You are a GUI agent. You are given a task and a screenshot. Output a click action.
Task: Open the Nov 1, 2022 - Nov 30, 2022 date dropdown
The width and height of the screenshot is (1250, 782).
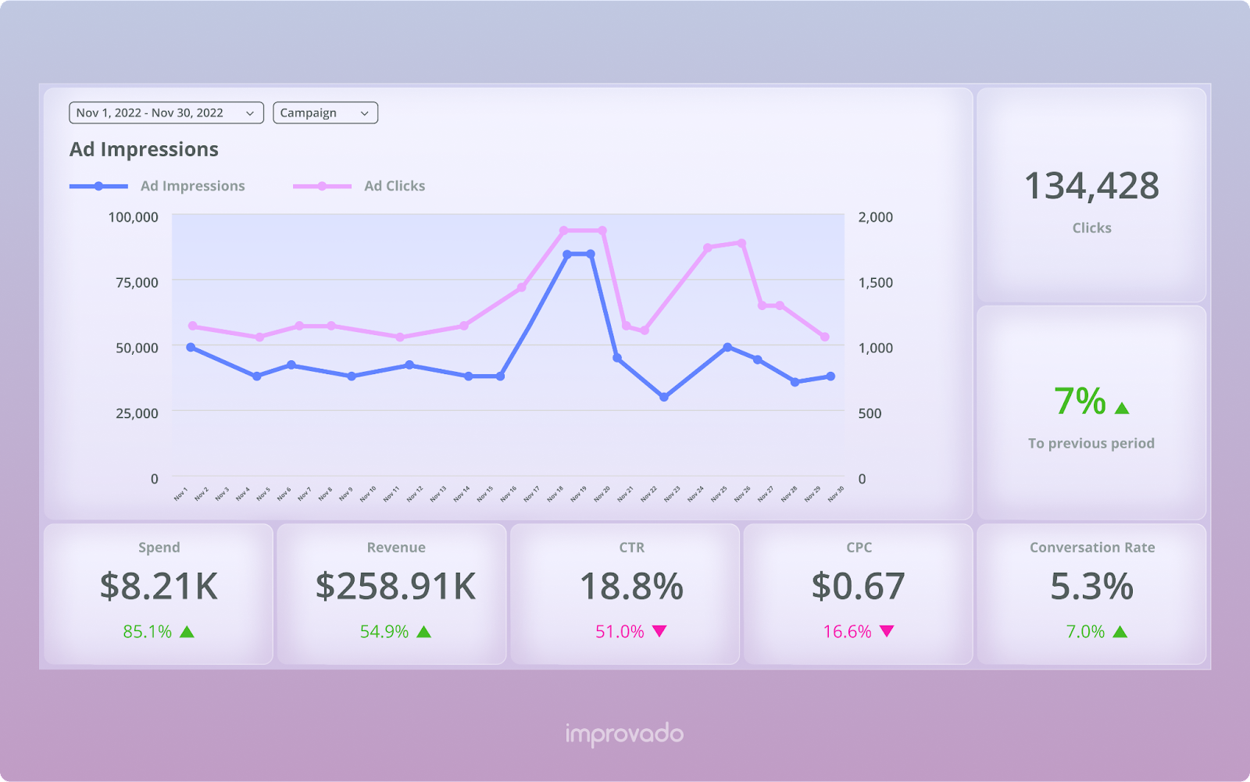[166, 113]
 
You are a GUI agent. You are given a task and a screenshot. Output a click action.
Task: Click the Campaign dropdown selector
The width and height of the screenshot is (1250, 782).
[325, 113]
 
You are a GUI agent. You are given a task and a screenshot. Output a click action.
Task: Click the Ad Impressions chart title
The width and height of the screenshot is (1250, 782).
[144, 149]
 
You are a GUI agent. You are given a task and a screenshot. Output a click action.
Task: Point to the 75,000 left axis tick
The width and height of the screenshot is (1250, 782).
[137, 282]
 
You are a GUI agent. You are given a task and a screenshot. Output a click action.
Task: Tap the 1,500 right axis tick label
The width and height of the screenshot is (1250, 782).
[875, 282]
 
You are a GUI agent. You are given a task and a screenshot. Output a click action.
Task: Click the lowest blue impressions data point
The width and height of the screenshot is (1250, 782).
[664, 397]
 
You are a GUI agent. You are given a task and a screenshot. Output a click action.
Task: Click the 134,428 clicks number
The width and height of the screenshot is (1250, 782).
[1091, 186]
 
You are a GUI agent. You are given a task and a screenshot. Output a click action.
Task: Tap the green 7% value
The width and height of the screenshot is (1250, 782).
[1080, 402]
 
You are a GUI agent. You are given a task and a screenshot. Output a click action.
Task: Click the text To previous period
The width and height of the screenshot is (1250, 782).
[1091, 443]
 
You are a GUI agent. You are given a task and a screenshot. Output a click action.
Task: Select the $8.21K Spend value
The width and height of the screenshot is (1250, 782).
[159, 586]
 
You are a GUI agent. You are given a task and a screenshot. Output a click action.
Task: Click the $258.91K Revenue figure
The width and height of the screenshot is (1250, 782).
[395, 586]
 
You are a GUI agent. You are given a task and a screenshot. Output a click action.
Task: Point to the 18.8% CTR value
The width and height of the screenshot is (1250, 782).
[631, 586]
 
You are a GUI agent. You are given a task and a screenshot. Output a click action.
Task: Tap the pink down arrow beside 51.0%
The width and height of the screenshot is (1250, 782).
[659, 631]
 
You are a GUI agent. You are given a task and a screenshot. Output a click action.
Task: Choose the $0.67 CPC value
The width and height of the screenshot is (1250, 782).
[858, 586]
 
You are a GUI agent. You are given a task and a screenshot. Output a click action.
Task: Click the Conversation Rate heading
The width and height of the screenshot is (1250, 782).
[1091, 548]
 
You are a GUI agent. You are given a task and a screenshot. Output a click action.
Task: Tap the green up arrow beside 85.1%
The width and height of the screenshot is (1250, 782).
[187, 631]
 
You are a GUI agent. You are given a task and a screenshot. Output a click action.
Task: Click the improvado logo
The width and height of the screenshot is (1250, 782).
[624, 734]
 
